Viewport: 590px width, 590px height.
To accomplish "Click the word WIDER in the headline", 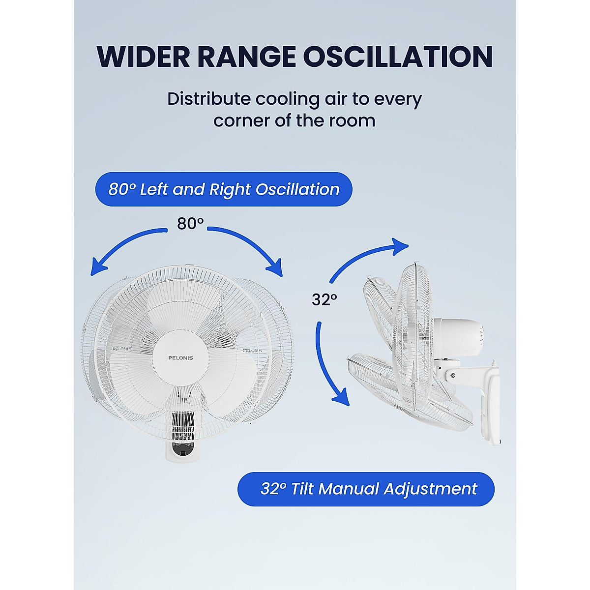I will pyautogui.click(x=143, y=57).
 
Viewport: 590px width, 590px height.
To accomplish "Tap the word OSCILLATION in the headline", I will pyautogui.click(x=397, y=57).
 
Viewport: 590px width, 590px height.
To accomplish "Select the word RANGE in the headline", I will pyautogui.click(x=246, y=57).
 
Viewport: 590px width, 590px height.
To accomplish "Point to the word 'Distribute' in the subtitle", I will pyautogui.click(x=208, y=99).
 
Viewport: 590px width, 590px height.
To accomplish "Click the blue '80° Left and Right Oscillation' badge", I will pyautogui.click(x=224, y=189).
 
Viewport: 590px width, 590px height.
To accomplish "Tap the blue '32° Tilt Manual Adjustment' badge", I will pyautogui.click(x=366, y=489).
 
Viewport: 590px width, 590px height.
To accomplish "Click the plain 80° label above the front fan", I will pyautogui.click(x=190, y=224).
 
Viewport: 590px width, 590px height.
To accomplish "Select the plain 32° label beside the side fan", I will pyautogui.click(x=324, y=299).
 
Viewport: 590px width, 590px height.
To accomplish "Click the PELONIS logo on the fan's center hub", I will pyautogui.click(x=180, y=358).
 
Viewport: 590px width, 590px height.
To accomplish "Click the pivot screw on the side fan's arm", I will pyautogui.click(x=453, y=376).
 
